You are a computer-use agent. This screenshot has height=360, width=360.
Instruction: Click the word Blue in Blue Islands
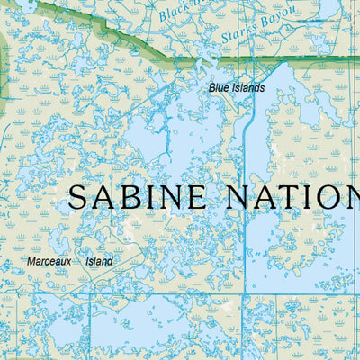[x=218, y=88]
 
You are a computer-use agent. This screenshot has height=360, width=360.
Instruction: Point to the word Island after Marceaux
[x=99, y=262]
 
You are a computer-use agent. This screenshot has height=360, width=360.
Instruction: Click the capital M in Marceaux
[x=31, y=262]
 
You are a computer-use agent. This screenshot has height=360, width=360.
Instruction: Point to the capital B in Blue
[x=212, y=88]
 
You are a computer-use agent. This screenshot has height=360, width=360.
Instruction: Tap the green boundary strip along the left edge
[x=3, y=72]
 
